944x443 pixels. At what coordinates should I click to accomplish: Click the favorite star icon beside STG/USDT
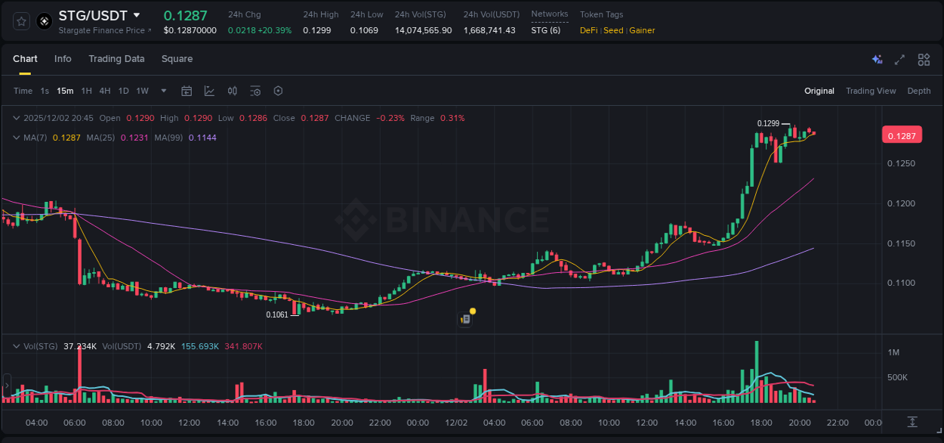tap(21, 21)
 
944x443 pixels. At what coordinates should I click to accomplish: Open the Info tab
tap(63, 59)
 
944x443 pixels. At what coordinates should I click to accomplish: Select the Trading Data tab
tap(116, 59)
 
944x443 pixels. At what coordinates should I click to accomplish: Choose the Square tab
tap(177, 59)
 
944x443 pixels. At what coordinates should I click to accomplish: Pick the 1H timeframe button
tap(86, 91)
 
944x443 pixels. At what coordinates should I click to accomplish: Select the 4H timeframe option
tap(104, 91)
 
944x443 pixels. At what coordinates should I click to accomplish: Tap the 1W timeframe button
tap(142, 91)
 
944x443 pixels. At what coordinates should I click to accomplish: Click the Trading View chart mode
tap(871, 91)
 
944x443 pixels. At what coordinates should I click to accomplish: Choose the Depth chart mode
tap(919, 91)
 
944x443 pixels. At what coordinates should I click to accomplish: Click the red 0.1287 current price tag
tap(902, 136)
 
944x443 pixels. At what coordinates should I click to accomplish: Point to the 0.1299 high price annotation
tap(768, 123)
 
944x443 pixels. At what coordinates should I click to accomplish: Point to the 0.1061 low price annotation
tap(277, 314)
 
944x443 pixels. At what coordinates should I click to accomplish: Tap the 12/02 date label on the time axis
tap(456, 423)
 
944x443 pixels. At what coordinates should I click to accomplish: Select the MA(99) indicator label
tap(169, 138)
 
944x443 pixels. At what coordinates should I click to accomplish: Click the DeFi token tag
tap(589, 30)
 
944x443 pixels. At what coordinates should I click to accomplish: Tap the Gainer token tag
tap(642, 30)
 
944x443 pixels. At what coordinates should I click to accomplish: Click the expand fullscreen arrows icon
tap(899, 60)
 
